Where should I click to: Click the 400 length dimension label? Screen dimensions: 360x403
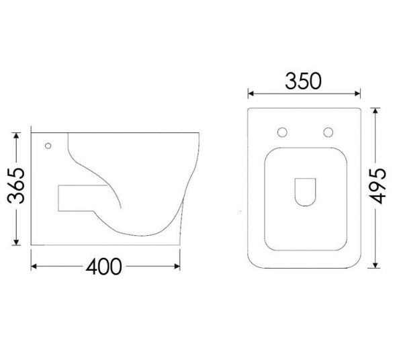coord(104,267)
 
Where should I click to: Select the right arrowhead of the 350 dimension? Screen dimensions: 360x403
coord(360,93)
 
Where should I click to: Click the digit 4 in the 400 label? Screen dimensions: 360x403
coord(91,267)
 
